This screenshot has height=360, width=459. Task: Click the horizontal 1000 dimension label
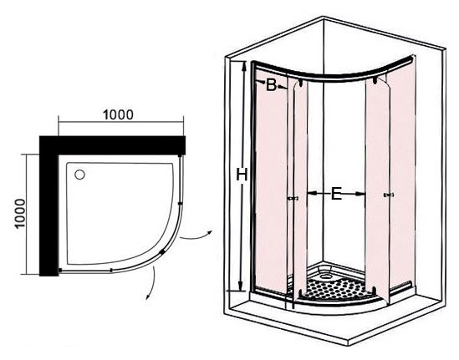(118, 114)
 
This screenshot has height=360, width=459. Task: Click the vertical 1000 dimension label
(20, 213)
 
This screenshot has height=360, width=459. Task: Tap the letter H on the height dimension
(242, 175)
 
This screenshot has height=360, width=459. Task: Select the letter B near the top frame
(271, 85)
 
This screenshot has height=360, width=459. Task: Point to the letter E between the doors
(336, 193)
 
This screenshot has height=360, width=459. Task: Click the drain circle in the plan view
(79, 175)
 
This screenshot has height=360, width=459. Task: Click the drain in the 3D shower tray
(325, 276)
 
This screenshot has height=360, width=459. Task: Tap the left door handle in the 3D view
(293, 198)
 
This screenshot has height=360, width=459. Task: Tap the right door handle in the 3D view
(389, 195)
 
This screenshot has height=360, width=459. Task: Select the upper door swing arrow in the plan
(196, 237)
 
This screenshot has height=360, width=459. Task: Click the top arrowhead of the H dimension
(243, 66)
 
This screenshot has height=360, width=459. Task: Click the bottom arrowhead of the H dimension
(241, 286)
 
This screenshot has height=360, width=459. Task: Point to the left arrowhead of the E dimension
(312, 193)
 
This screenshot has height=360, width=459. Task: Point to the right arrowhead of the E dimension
(360, 193)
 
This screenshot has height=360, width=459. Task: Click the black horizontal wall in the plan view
(112, 145)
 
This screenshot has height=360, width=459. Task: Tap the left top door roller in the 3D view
(301, 84)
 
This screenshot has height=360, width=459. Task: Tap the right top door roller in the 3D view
(375, 80)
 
